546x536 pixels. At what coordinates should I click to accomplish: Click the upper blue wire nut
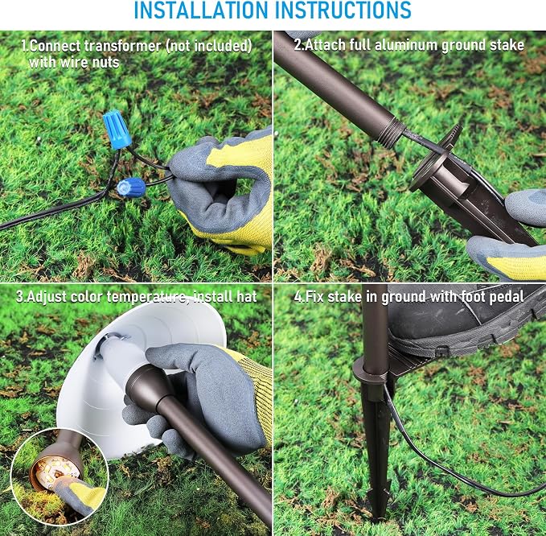[x=117, y=129]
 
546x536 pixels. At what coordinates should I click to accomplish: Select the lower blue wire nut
[x=131, y=188]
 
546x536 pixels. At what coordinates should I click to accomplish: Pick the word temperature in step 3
[x=146, y=297]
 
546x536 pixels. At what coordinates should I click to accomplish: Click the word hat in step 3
[x=247, y=297]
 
